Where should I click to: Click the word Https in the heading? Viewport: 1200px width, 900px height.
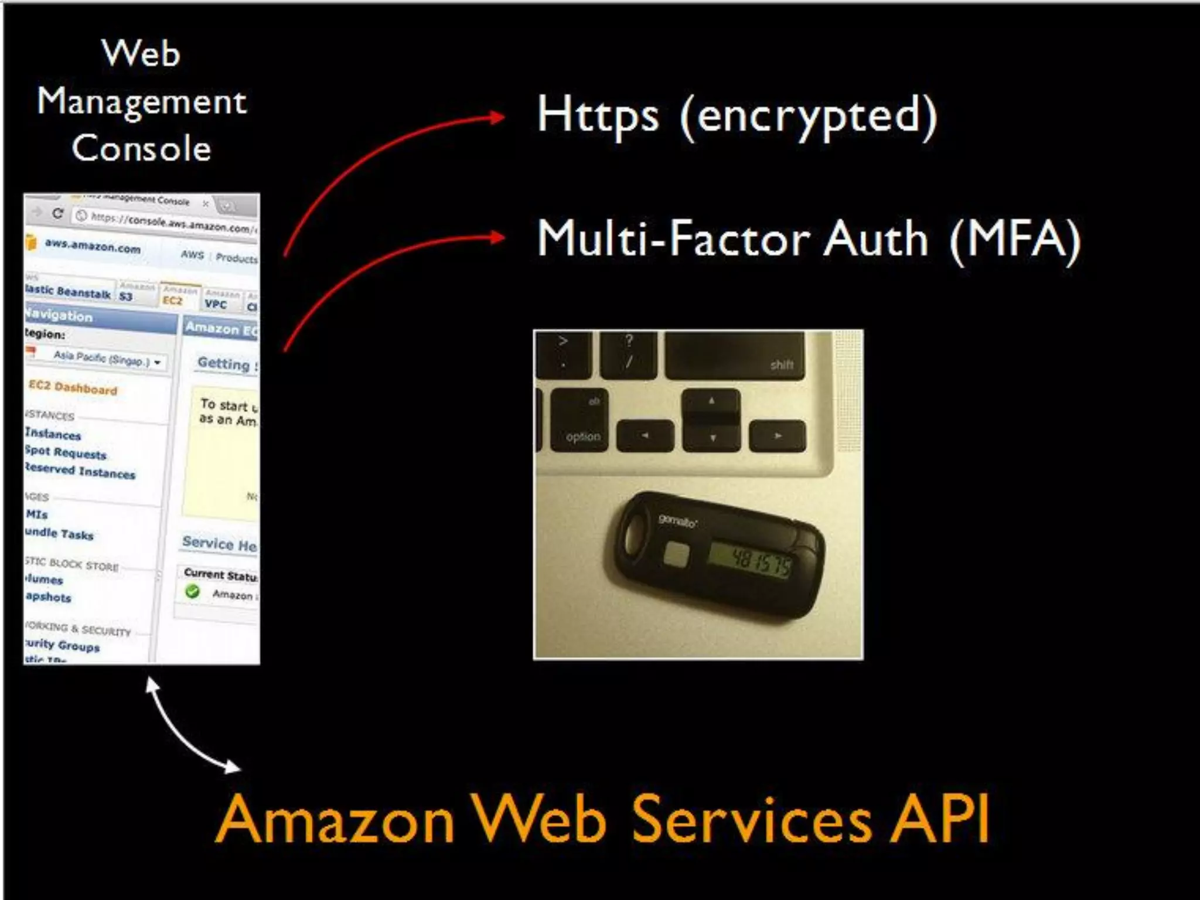[598, 116]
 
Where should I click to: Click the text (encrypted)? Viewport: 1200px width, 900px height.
[809, 117]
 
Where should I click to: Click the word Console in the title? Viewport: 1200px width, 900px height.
[141, 148]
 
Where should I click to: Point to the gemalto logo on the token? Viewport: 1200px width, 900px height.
[678, 520]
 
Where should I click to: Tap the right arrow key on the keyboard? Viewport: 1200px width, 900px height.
[778, 436]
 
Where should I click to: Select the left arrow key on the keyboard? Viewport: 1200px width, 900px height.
[645, 436]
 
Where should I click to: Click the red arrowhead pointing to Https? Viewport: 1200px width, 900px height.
[497, 118]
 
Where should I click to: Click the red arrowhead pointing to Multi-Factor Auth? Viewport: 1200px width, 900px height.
[497, 237]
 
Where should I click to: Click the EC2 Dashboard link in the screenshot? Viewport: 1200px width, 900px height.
[73, 388]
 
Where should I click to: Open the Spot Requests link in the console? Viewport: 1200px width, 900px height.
[66, 453]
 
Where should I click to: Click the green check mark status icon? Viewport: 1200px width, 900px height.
[192, 591]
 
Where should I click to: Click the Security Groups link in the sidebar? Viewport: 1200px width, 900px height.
[62, 645]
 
